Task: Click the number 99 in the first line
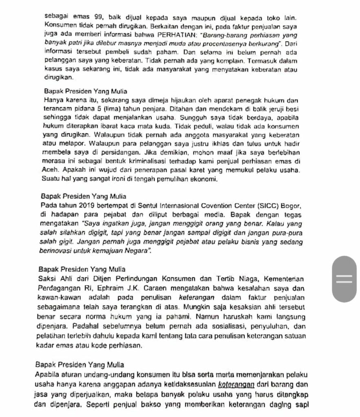click(x=98, y=18)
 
